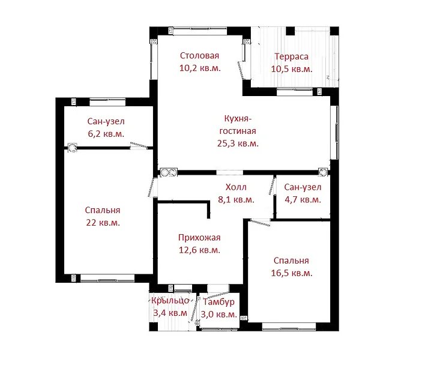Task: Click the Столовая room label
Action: pyautogui.click(x=199, y=56)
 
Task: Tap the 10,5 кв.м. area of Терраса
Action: pyautogui.click(x=292, y=69)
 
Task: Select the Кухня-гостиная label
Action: pyautogui.click(x=238, y=125)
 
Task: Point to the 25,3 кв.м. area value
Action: pyautogui.click(x=238, y=143)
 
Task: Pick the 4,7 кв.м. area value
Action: pyautogui.click(x=303, y=200)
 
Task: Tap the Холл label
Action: pyautogui.click(x=236, y=187)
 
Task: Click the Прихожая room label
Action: pyautogui.click(x=199, y=238)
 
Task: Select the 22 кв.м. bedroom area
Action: pyautogui.click(x=103, y=223)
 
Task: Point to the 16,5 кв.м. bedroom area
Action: pyautogui.click(x=292, y=273)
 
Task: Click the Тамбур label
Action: pyautogui.click(x=219, y=302)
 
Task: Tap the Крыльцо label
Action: pyautogui.click(x=170, y=300)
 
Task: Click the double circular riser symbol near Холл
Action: pyautogui.click(x=169, y=172)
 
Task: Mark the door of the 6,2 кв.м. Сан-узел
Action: pyautogui.click(x=138, y=145)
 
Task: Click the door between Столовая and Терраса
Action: pyautogui.click(x=242, y=71)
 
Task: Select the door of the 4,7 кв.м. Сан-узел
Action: pyautogui.click(x=273, y=185)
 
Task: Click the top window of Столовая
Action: pyautogui.click(x=200, y=31)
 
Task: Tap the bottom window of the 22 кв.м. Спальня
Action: pyautogui.click(x=107, y=278)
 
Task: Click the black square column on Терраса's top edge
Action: pyautogui.click(x=291, y=31)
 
